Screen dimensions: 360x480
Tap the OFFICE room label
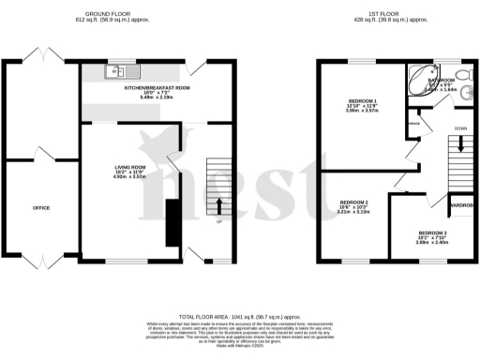(41, 207)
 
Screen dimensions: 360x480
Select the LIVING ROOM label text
(130, 166)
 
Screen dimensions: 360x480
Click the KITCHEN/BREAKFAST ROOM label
(157, 87)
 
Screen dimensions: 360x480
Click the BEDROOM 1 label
(362, 100)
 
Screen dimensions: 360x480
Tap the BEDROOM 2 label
(353, 202)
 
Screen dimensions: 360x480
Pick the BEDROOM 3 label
(433, 232)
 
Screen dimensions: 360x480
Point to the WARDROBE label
(463, 203)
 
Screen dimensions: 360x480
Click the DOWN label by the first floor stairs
(459, 128)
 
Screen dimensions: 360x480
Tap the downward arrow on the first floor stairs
(459, 142)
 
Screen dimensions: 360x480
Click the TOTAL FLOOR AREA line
(239, 319)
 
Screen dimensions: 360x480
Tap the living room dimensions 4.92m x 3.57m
(130, 176)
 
